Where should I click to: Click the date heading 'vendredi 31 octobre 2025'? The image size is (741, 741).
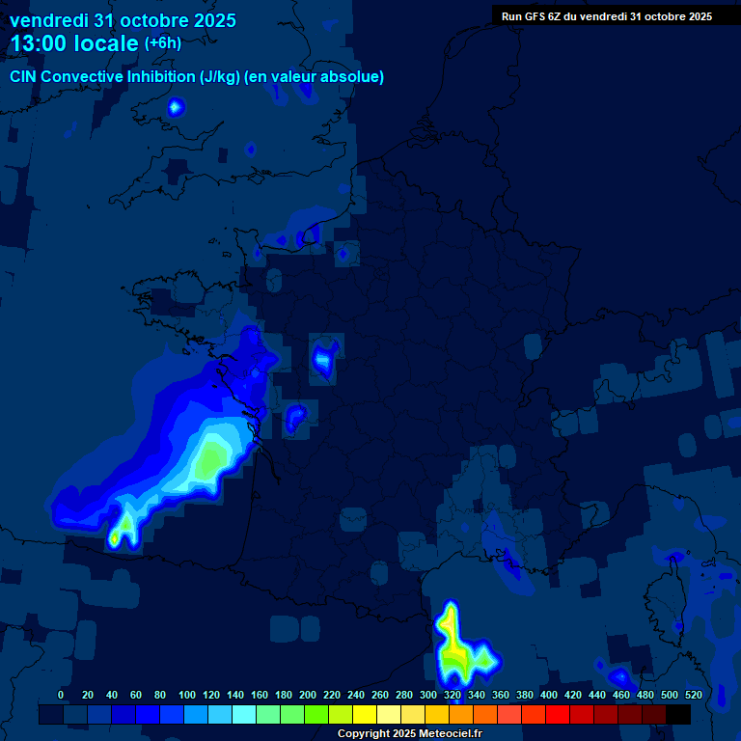[x=123, y=20]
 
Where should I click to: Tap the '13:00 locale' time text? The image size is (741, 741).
[x=74, y=43]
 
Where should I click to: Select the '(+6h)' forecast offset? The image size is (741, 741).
[x=162, y=43]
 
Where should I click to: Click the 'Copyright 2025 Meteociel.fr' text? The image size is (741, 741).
[x=409, y=734]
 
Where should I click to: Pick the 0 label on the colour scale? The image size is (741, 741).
[x=61, y=695]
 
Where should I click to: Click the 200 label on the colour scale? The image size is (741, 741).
[x=308, y=695]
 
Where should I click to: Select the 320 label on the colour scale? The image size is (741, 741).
[x=453, y=695]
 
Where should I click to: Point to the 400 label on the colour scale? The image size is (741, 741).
[x=549, y=695]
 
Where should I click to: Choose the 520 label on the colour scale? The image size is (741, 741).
[x=694, y=695]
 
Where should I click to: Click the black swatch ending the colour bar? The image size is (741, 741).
[x=678, y=714]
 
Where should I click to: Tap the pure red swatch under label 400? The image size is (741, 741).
[x=558, y=714]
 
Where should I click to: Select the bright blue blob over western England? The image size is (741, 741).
[x=175, y=107]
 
